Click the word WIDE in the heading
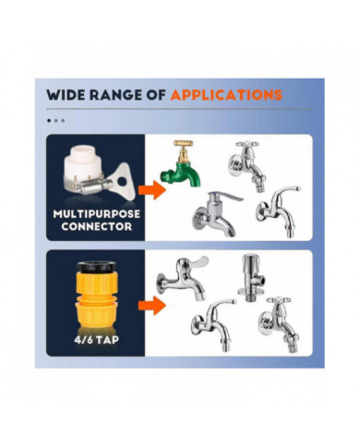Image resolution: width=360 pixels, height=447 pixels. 66,93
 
